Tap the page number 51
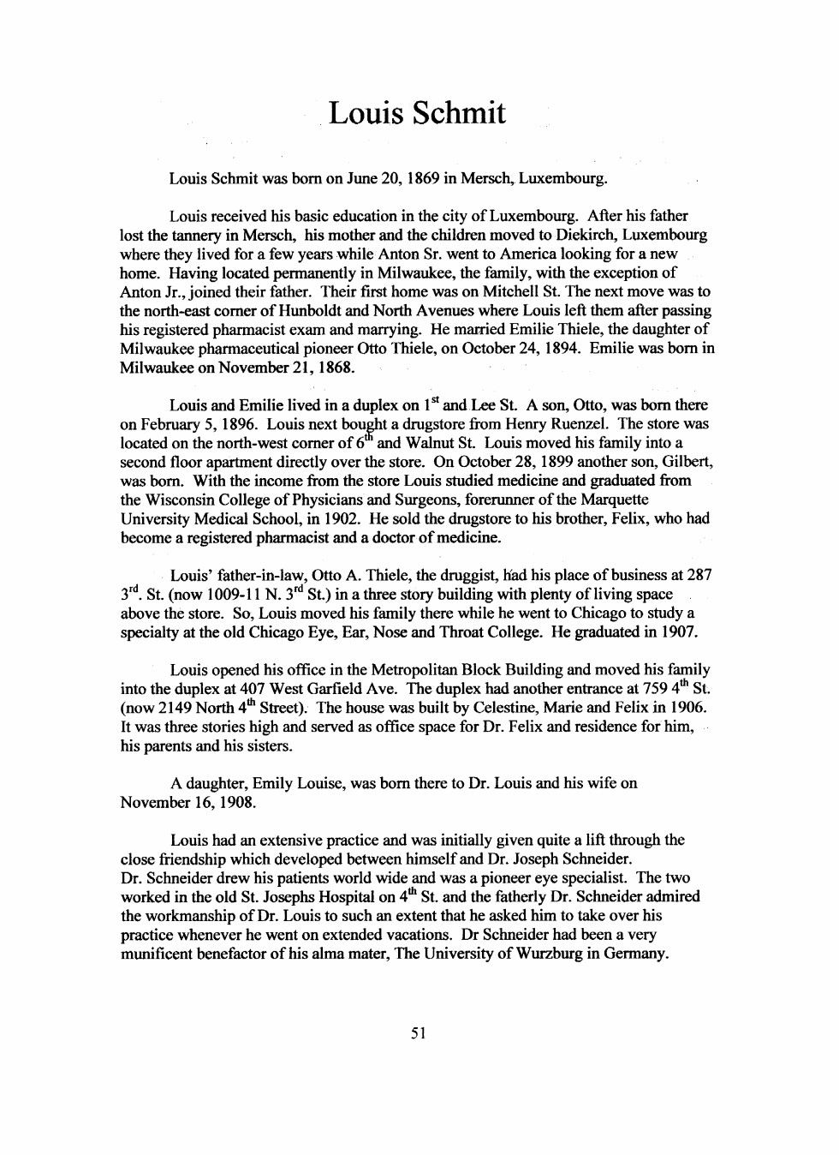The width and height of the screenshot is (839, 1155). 419,1033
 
